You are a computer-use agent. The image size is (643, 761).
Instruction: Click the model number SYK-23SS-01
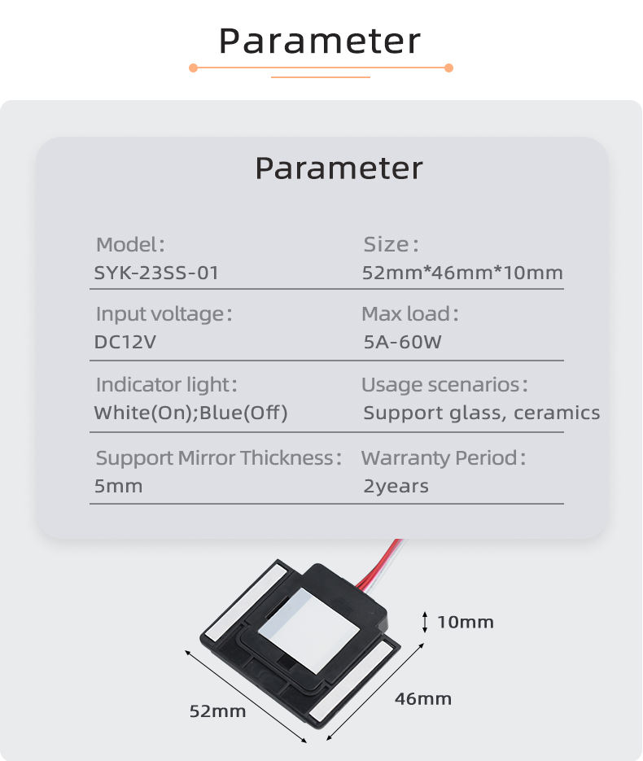click(x=156, y=273)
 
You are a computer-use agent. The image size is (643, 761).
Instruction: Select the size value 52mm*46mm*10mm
click(x=462, y=273)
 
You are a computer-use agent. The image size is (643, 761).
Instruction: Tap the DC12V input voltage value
click(x=125, y=342)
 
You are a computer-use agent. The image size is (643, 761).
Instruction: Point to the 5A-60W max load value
click(x=402, y=342)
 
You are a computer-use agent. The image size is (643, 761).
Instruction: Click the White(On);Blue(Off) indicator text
click(x=191, y=413)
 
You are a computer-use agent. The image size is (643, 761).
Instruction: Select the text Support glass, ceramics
click(x=481, y=413)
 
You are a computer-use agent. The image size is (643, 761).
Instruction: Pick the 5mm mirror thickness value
click(x=119, y=487)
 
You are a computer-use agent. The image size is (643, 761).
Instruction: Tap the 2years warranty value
click(x=396, y=487)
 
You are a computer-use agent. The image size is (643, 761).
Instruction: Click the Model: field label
click(x=130, y=244)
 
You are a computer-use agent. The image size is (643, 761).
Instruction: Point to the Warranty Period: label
click(x=444, y=458)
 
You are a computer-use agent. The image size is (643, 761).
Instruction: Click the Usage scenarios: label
click(x=444, y=384)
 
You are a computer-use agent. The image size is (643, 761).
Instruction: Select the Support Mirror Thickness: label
click(x=219, y=458)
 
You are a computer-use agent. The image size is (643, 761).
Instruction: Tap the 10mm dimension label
click(x=466, y=623)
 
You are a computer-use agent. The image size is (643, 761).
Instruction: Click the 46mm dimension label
click(x=423, y=698)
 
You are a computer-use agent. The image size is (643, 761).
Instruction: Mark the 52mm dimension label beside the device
click(x=217, y=711)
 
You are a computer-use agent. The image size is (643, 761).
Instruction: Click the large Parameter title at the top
click(x=321, y=41)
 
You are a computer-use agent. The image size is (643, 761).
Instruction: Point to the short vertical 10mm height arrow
click(x=424, y=622)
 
